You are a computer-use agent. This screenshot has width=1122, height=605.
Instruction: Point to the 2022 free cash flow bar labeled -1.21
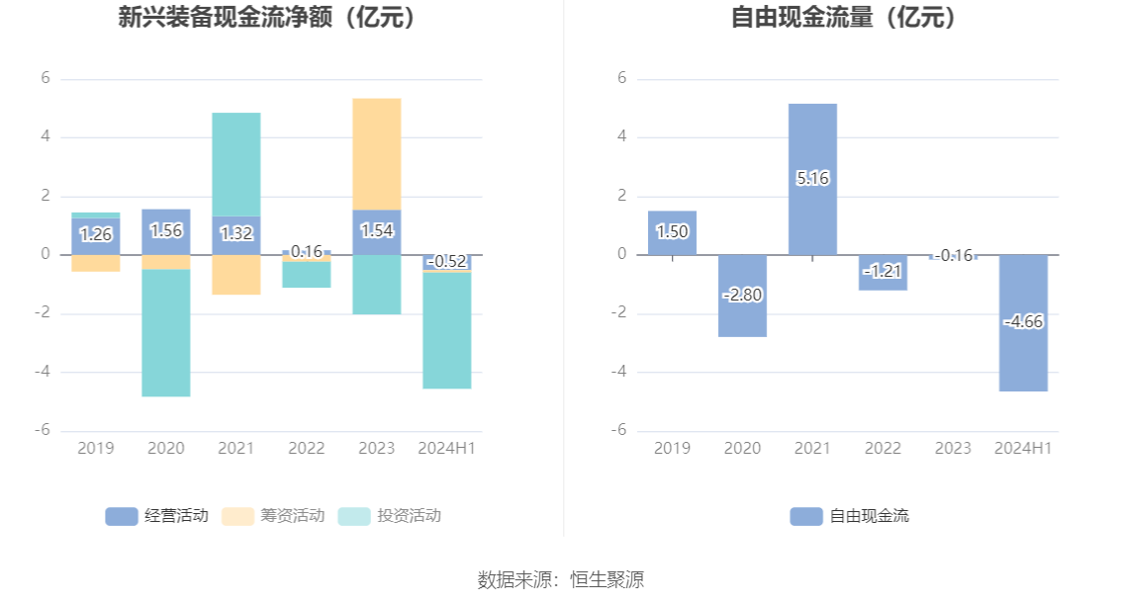(x=883, y=283)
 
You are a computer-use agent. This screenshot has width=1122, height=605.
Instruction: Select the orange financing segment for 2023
(x=376, y=153)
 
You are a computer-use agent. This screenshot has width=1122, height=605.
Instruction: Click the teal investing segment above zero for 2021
(x=236, y=164)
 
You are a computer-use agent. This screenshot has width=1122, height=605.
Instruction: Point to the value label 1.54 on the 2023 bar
(x=376, y=231)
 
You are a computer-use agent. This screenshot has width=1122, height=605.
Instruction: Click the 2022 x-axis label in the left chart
(x=307, y=449)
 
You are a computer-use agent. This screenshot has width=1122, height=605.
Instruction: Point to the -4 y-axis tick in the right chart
(x=621, y=373)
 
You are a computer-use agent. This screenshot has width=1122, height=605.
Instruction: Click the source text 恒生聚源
(x=607, y=580)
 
